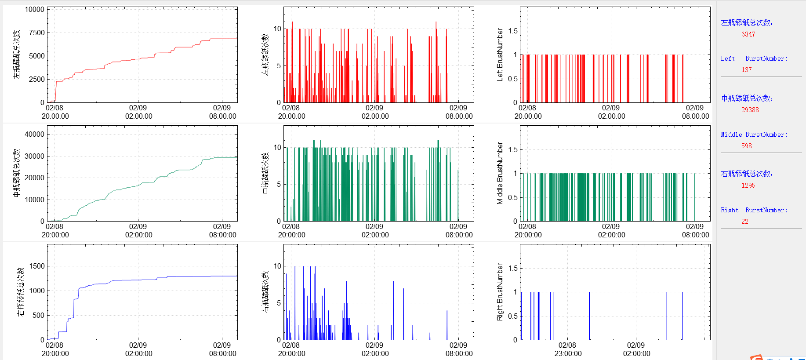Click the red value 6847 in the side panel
[x=748, y=34]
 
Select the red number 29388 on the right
[x=750, y=110]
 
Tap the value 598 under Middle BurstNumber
[x=746, y=146]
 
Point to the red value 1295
[x=748, y=185]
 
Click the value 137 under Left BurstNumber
[x=746, y=70]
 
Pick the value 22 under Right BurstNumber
[x=744, y=222]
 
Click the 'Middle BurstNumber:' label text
[x=754, y=135]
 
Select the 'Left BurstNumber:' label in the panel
[x=754, y=58]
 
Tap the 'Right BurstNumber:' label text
[x=754, y=210]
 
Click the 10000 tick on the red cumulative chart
[x=34, y=10]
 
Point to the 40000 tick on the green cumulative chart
[x=34, y=134]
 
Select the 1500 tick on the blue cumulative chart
[x=37, y=266]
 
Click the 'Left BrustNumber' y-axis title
[x=500, y=55]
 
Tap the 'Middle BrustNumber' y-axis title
[x=500, y=173]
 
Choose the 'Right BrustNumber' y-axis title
[x=500, y=292]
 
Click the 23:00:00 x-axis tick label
[x=568, y=353]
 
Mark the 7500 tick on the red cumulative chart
[x=37, y=33]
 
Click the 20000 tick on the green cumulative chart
[x=34, y=178]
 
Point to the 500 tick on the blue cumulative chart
[x=39, y=315]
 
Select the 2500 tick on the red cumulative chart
[x=37, y=79]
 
